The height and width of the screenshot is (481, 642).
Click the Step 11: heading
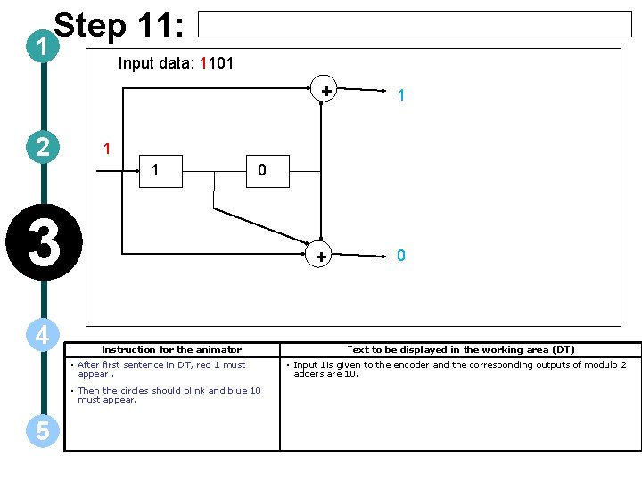click(x=119, y=26)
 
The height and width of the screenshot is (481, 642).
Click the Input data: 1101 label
click(x=176, y=63)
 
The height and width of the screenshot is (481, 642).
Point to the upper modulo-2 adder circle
click(x=326, y=90)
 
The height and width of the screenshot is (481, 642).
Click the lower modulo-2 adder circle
click(x=320, y=257)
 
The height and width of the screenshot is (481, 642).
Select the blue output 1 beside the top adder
click(x=402, y=94)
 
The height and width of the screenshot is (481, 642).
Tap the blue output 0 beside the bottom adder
click(x=401, y=256)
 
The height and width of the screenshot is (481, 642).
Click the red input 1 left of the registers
click(x=106, y=148)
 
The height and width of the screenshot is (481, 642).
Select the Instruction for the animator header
click(x=172, y=350)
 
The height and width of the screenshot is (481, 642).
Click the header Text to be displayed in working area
click(x=460, y=350)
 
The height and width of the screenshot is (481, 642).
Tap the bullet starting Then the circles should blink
click(x=169, y=395)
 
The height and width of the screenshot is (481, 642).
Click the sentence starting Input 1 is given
click(x=459, y=369)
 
